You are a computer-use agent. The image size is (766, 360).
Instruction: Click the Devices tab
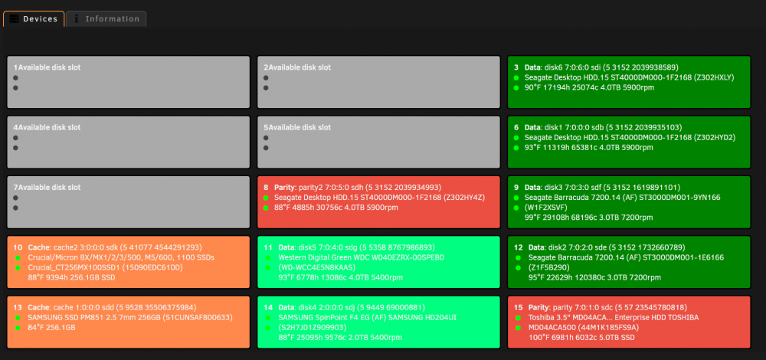click(x=34, y=18)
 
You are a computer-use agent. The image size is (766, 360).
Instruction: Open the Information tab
click(x=106, y=19)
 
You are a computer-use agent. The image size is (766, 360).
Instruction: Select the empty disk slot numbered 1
click(x=128, y=82)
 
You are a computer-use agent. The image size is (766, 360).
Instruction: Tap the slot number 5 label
click(x=266, y=127)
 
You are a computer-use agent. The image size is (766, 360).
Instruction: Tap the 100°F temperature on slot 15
click(x=538, y=338)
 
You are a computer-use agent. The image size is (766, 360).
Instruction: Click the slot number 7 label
click(x=15, y=188)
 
